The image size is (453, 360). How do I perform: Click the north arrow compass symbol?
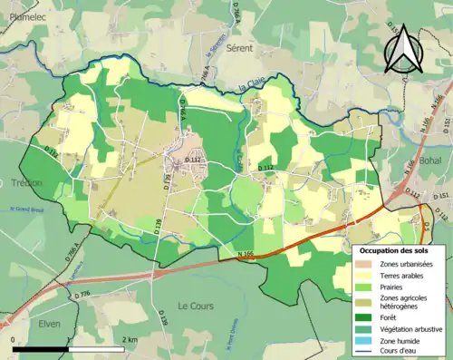pos(404,47)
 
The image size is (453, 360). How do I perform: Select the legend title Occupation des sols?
pos(394,249)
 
